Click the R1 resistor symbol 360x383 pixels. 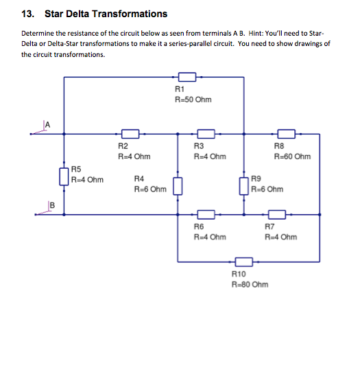click(187, 77)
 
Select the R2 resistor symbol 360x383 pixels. click(130, 134)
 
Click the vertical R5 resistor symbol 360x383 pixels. click(64, 175)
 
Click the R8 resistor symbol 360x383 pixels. click(286, 134)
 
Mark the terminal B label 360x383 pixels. click(51, 205)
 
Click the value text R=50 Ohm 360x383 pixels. click(194, 100)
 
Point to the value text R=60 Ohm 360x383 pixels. click(292, 156)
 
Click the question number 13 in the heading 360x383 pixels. click(27, 14)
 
